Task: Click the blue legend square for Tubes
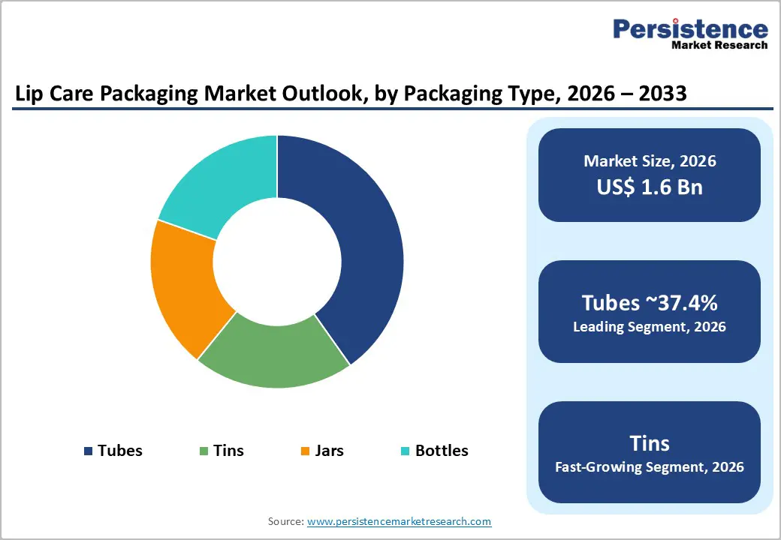tap(89, 451)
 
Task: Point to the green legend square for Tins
tap(204, 451)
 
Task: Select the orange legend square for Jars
tap(305, 451)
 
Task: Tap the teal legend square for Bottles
tap(406, 451)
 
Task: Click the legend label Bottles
tap(442, 451)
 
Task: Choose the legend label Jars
tap(330, 451)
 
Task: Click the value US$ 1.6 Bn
tap(650, 187)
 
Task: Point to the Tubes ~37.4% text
tap(650, 303)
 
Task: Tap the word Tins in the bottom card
tap(650, 442)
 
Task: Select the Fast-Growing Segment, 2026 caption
tap(650, 467)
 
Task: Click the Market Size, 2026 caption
tap(650, 161)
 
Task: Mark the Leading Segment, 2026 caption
tap(650, 327)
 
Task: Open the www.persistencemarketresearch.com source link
tap(399, 521)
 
